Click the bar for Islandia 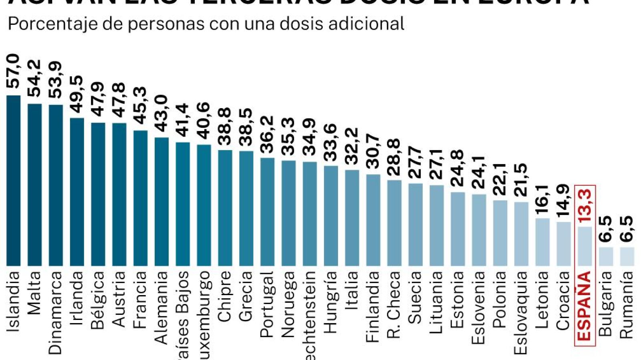(14, 180)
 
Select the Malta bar (34, 184)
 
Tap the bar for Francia (140, 198)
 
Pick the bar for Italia (352, 218)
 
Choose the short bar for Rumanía (627, 257)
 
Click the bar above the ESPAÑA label (585, 246)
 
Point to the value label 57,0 (14, 71)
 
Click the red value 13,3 (585, 206)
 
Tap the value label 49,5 (77, 95)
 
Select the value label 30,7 (373, 151)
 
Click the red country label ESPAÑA (585, 306)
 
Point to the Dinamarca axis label (56, 313)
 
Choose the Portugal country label (267, 304)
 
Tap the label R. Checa (394, 305)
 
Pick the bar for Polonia (500, 233)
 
